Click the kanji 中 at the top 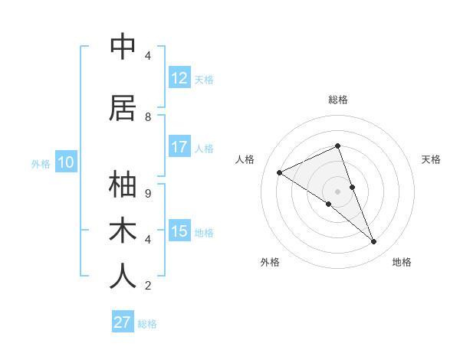pos(123,47)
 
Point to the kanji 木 pos(123,231)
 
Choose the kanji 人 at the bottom pos(123,277)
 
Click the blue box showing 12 pos(179,78)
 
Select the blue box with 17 pos(179,147)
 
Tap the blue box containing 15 pos(179,231)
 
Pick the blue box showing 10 pos(66,162)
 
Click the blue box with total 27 pos(123,322)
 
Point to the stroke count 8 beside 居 pos(148,117)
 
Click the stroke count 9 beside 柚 pos(148,193)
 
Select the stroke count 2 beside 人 pos(148,286)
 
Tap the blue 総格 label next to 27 pos(147,324)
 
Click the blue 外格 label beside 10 pos(41,164)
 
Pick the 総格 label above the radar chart pos(338,100)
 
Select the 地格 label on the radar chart pos(402,262)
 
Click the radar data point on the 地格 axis pos(374,242)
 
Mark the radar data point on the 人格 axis pos(280,173)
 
